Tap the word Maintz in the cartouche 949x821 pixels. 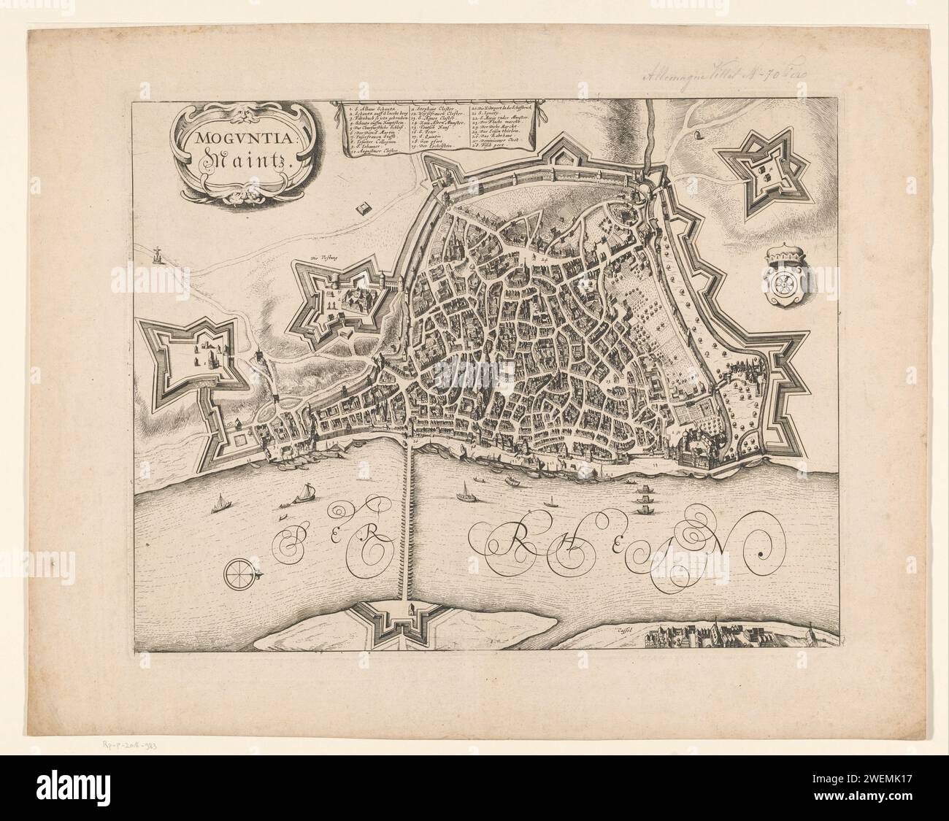[x=232, y=161]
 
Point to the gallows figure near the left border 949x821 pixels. [x=155, y=253]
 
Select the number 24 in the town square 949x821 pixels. [x=543, y=258]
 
